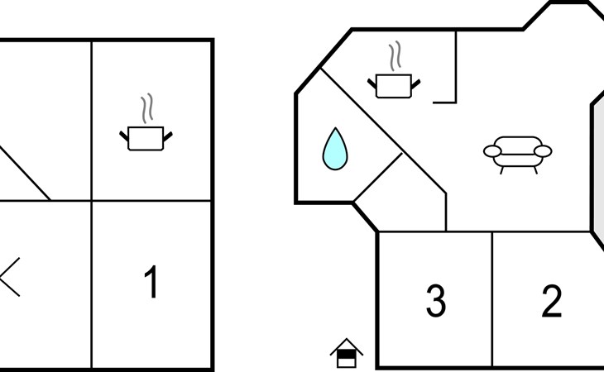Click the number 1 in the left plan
coord(151,283)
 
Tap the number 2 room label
coord(552,301)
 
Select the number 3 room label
coord(436,301)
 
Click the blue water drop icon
coord(335,149)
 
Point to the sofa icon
coord(517,153)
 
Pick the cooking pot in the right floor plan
coord(394,85)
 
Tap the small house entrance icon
coord(347,353)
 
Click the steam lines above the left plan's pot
coord(147,107)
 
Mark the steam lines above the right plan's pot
coord(395,56)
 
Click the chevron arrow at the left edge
coord(8,277)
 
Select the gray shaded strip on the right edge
coord(597,165)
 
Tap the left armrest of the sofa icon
coord(493,151)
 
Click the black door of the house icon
coord(348,359)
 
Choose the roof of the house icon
coord(347,346)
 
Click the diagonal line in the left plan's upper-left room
coord(25,174)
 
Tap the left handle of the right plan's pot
coord(372,81)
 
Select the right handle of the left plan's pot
coord(169,133)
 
